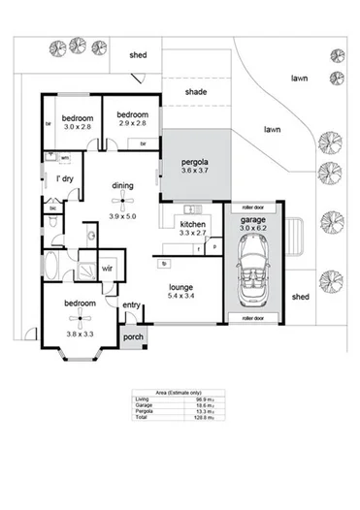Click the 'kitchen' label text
193,225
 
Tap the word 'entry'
132,305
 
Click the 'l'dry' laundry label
65,179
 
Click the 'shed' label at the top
139,55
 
